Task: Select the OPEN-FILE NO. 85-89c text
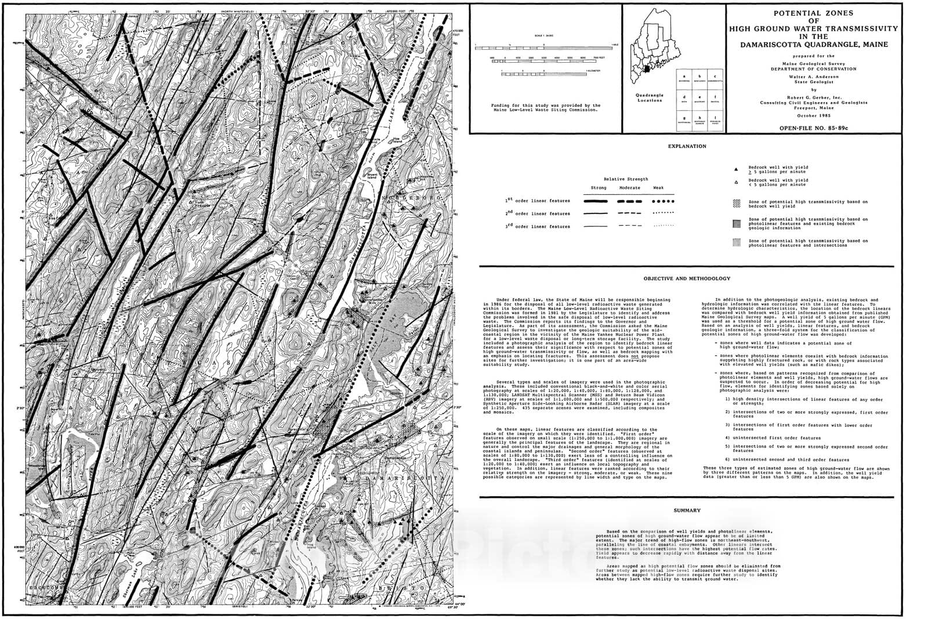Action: pos(814,128)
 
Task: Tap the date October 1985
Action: pos(814,116)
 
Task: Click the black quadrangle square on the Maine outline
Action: pos(648,70)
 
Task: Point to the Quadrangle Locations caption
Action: pos(650,97)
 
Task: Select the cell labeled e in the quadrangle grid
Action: pos(699,99)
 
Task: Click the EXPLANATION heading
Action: pos(687,146)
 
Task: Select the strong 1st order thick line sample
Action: pos(596,201)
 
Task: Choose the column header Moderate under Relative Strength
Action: pos(630,188)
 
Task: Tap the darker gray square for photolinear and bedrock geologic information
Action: pos(737,223)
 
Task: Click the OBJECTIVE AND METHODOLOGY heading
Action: pos(687,278)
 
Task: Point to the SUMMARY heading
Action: pos(687,511)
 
